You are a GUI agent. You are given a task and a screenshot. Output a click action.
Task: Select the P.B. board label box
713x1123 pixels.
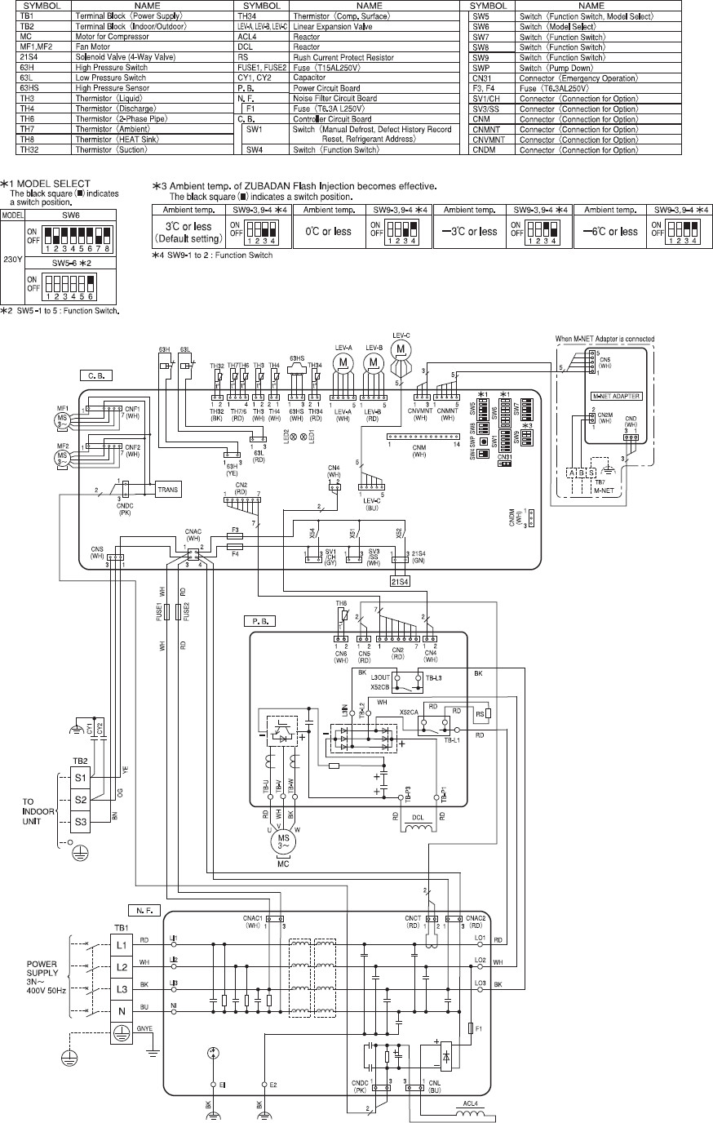pos(255,621)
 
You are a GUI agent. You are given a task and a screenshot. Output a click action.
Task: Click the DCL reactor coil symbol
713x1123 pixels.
pos(421,826)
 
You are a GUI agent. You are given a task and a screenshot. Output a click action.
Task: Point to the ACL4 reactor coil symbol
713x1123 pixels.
pos(469,1111)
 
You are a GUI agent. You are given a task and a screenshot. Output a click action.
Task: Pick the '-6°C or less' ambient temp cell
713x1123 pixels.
pos(606,232)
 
